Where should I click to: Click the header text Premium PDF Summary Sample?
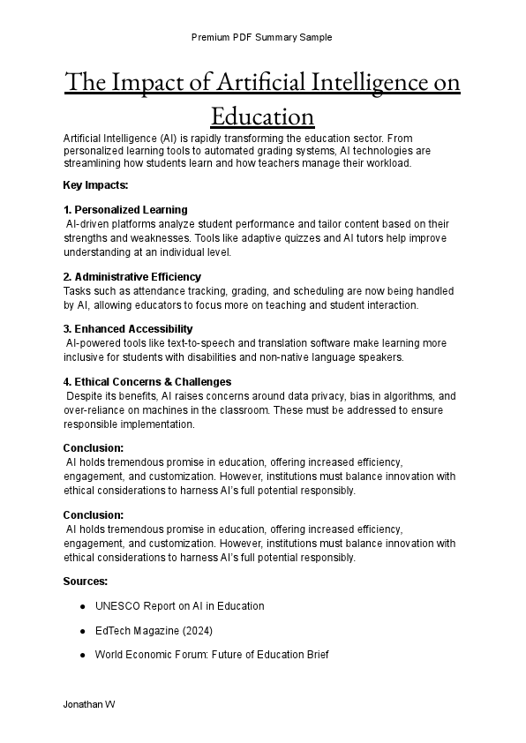[262, 37]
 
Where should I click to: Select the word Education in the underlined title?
[262, 116]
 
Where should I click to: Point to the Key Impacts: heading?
[96, 185]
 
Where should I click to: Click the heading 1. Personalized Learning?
[125, 210]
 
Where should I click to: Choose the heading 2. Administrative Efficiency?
[132, 277]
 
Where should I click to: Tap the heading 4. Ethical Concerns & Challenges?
[147, 382]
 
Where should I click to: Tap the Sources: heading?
[86, 582]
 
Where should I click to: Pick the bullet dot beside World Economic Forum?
[82, 656]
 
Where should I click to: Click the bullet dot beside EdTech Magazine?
[82, 631]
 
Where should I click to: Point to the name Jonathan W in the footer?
[88, 706]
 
